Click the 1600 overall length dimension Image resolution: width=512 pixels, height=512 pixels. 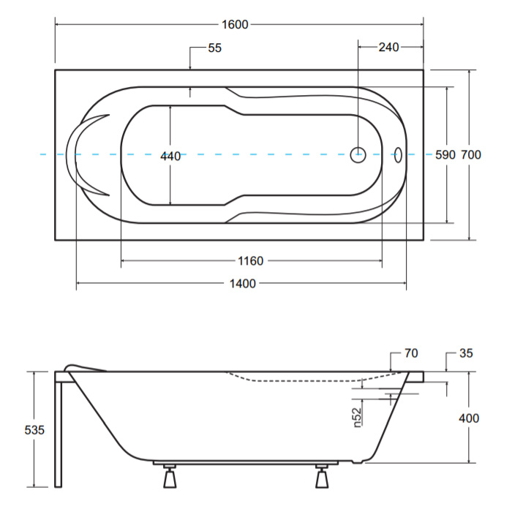tap(235, 24)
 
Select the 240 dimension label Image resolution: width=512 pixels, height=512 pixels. tap(388, 48)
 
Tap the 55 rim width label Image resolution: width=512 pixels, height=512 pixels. tap(214, 48)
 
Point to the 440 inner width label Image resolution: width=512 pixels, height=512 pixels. tap(170, 157)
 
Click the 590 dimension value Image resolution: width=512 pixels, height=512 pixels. tap(445, 155)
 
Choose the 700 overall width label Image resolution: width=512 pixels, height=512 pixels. tap(471, 155)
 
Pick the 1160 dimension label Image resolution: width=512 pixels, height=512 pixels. tap(250, 261)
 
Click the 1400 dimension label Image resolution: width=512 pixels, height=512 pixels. tap(243, 284)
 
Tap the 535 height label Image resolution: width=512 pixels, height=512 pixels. tap(34, 430)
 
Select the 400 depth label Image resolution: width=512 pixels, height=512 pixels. tap(469, 418)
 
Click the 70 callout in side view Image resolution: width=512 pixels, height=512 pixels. tap(411, 353)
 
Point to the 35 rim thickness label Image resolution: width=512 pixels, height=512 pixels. tap(466, 353)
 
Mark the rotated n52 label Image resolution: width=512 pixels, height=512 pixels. tap(357, 418)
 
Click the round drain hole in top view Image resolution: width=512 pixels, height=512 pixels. tap(358, 155)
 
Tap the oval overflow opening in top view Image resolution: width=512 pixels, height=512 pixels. tap(398, 155)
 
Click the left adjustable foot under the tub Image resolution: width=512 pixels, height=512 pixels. tap(170, 476)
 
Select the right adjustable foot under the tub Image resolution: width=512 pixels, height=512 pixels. tap(322, 476)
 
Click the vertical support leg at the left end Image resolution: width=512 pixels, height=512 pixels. tap(58, 434)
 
